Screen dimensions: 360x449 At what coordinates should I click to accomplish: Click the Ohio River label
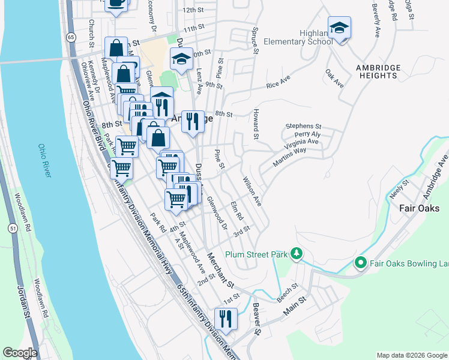(45, 160)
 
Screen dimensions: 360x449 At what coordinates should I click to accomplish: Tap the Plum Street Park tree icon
(295, 254)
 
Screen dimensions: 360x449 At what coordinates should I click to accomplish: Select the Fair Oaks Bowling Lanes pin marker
(360, 263)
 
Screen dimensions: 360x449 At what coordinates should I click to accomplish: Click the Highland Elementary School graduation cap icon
(339, 28)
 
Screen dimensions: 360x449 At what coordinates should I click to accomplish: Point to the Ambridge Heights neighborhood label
(377, 71)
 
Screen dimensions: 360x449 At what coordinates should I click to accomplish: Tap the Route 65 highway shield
(71, 37)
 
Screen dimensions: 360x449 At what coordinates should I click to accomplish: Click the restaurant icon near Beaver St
(226, 319)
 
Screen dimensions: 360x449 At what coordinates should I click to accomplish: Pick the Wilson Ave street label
(252, 191)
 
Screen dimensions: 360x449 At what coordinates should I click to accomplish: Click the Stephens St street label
(303, 126)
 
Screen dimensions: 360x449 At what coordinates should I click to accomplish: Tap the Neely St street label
(398, 190)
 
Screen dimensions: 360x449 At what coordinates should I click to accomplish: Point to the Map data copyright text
(412, 355)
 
